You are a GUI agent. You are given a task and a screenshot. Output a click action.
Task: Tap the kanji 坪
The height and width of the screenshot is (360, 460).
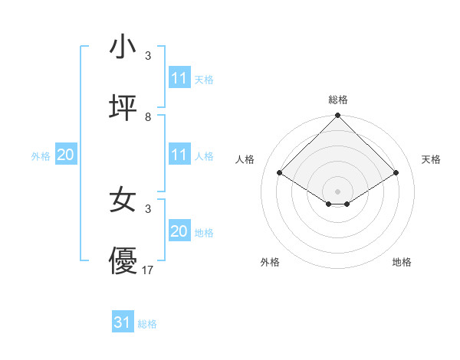123,109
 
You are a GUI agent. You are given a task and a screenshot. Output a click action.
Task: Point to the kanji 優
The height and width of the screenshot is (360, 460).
123,262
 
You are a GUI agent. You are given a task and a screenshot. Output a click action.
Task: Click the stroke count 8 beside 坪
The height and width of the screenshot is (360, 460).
147,117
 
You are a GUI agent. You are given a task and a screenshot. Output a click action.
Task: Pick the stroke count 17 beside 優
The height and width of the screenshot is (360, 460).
148,270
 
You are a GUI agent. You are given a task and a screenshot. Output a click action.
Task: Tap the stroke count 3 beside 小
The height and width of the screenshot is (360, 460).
147,56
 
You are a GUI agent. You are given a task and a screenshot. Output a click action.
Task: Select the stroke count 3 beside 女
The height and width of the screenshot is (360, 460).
147,208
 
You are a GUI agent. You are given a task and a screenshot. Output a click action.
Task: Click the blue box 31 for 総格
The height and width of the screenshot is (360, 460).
123,322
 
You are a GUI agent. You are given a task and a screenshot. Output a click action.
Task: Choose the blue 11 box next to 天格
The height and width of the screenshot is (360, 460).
179,78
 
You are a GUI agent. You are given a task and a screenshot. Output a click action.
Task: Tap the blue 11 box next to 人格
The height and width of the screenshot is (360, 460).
179,155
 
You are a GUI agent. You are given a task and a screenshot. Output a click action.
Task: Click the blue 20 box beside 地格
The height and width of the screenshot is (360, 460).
179,231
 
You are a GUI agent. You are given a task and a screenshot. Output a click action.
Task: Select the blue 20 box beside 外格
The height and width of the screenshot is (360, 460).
65,155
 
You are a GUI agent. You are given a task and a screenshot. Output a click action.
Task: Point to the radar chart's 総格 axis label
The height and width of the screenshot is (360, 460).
337,100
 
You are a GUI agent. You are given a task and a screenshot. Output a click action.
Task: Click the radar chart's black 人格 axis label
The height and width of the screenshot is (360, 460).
247,159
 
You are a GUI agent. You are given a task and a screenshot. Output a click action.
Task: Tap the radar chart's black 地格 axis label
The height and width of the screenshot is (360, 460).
402,262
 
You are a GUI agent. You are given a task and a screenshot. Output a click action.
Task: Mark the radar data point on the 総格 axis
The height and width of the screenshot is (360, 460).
337,116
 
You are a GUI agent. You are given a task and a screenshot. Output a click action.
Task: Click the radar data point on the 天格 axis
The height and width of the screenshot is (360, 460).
396,173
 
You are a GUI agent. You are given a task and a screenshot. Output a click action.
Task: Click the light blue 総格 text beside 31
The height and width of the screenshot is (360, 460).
147,324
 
